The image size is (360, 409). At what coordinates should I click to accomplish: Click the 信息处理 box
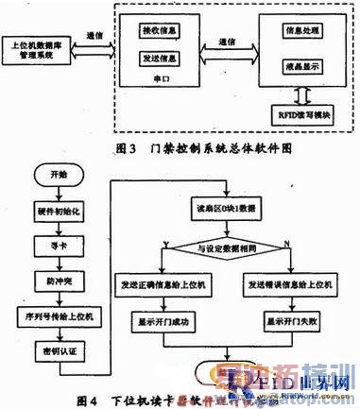(297, 32)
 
